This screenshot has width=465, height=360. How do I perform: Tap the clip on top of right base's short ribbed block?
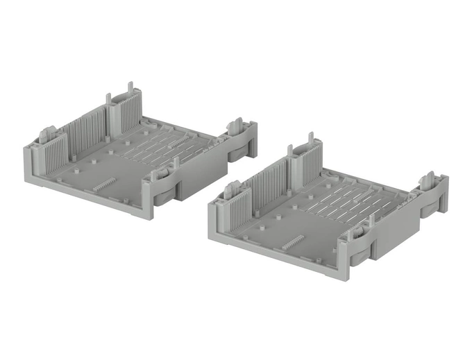click(231, 187)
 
